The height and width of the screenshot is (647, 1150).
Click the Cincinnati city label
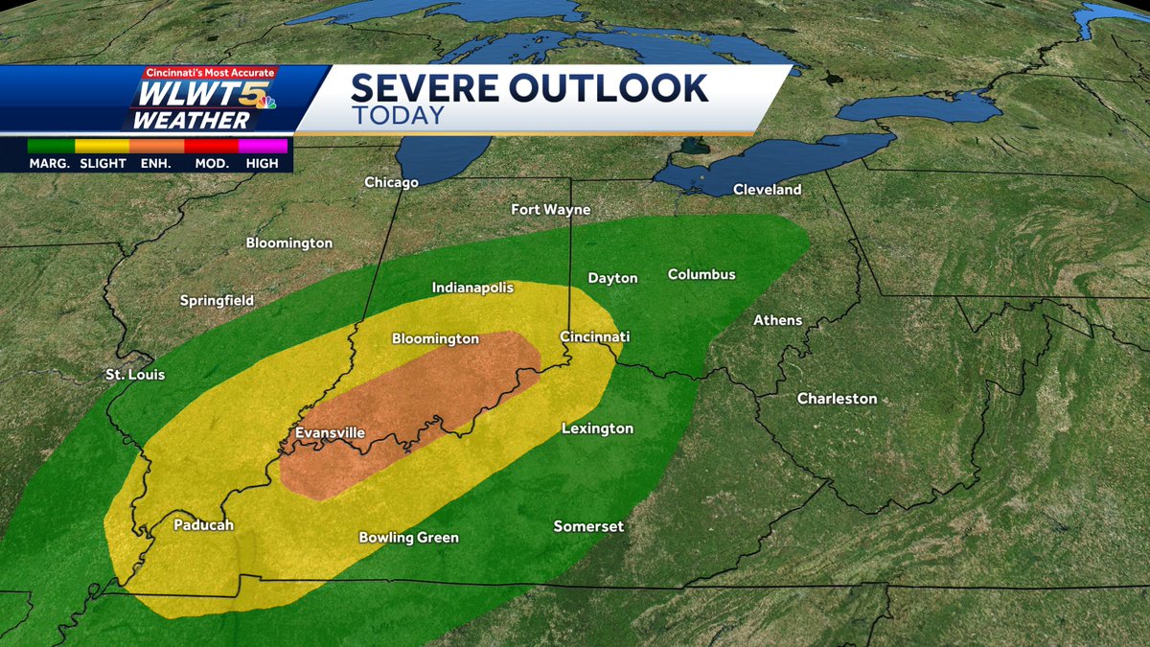(594, 337)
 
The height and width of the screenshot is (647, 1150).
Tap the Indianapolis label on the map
(472, 288)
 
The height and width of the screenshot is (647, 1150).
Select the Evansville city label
(330, 433)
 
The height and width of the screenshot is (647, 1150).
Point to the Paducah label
(203, 525)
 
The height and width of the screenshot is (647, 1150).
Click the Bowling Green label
(408, 538)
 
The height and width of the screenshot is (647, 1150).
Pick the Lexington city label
(597, 428)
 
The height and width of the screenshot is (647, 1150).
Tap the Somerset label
(588, 527)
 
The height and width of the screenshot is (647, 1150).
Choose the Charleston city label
(837, 399)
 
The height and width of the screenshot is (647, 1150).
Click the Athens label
(777, 320)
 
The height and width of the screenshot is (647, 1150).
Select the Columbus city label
(701, 275)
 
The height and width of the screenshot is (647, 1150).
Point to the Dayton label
(612, 279)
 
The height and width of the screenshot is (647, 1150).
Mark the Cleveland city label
(767, 190)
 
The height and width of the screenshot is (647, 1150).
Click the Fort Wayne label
(550, 210)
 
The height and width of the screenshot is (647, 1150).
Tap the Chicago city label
(391, 182)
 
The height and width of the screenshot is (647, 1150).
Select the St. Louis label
(135, 375)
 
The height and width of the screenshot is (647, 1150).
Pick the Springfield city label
(217, 301)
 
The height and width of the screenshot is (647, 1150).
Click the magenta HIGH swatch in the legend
(263, 147)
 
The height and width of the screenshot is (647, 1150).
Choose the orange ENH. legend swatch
(156, 147)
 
